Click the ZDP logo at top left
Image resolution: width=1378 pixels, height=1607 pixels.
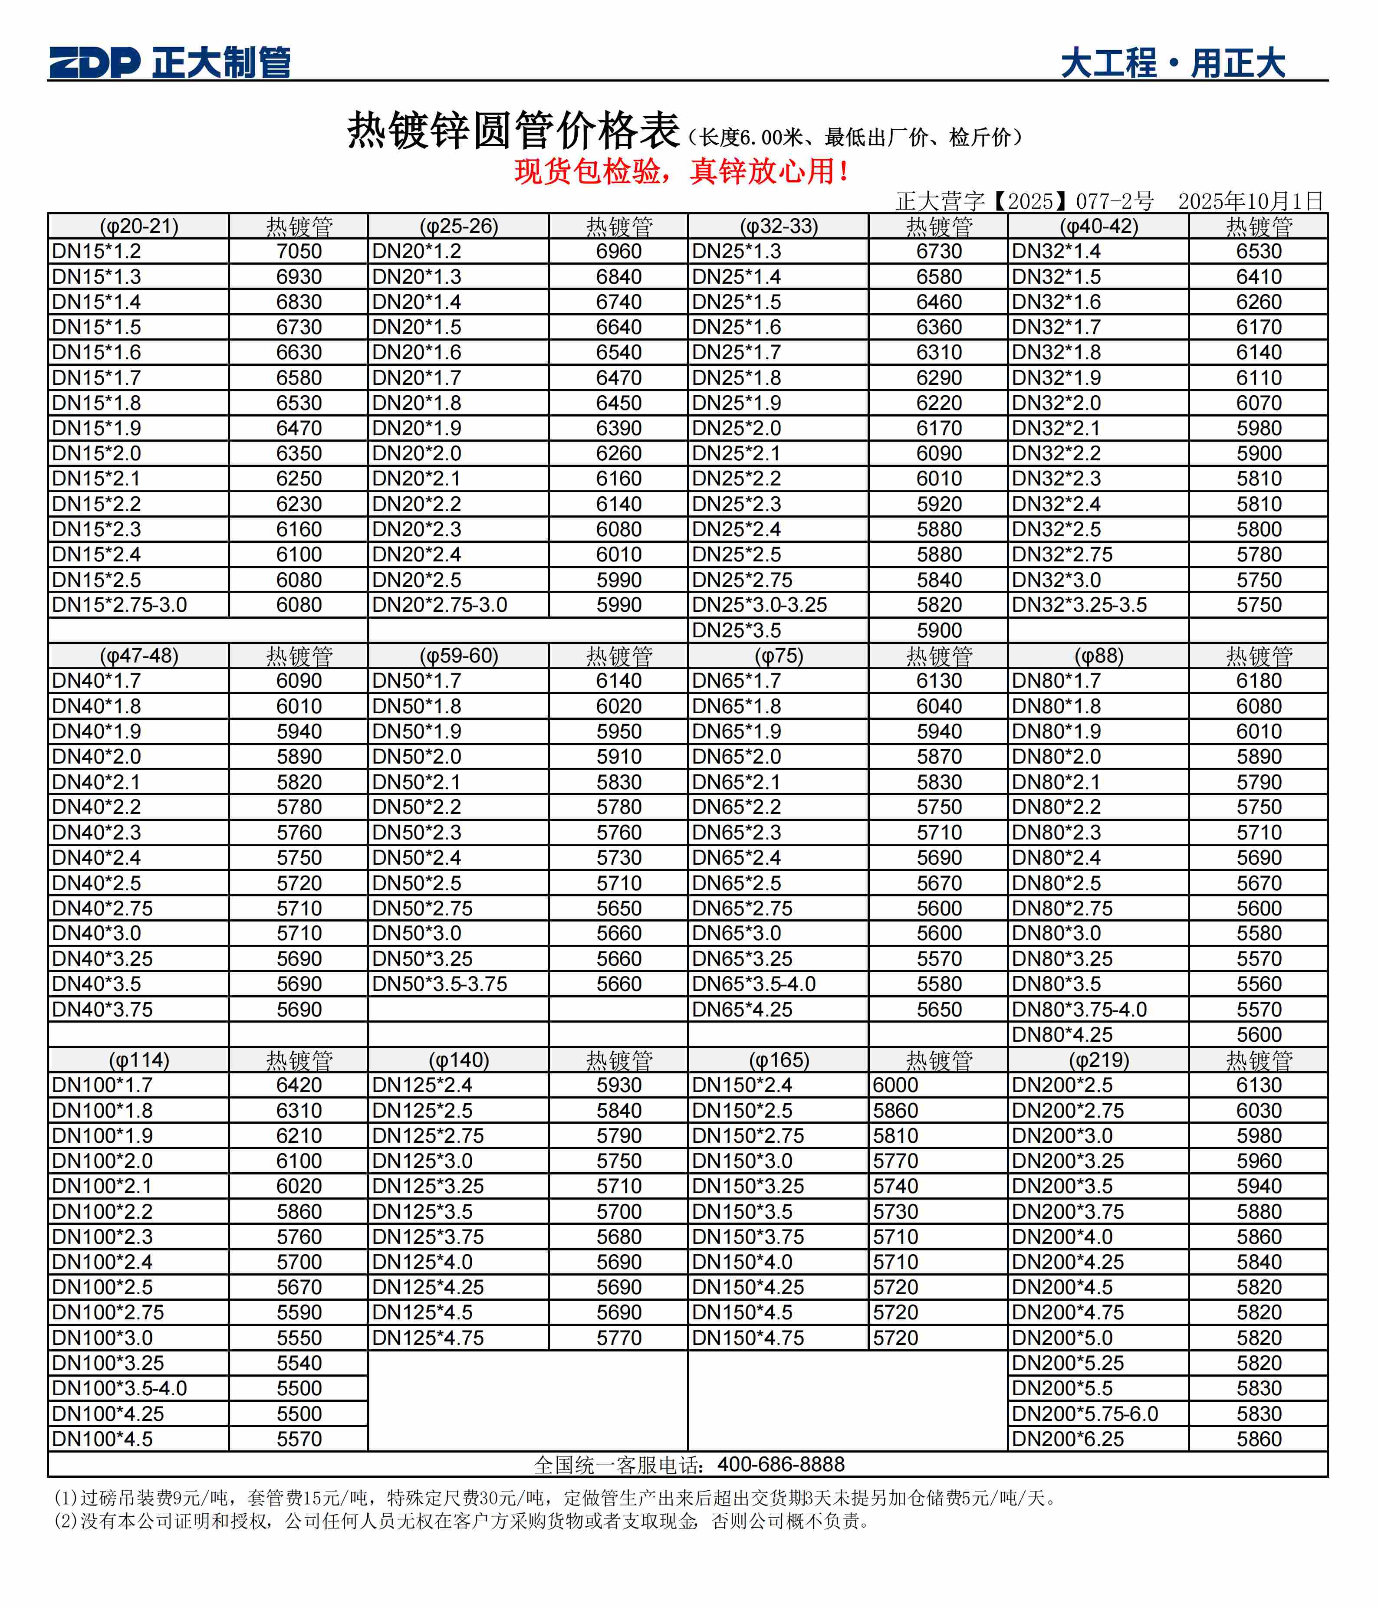[x=95, y=62]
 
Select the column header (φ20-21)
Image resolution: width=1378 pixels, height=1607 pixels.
[x=139, y=226]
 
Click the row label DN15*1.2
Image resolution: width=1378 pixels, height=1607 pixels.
[x=97, y=251]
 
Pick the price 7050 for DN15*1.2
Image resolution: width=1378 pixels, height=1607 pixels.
[x=299, y=251]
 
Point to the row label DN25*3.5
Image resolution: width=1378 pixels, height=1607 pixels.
[x=737, y=630]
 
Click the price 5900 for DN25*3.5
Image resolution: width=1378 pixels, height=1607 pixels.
[x=939, y=630]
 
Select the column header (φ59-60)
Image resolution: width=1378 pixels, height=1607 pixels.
[x=459, y=656]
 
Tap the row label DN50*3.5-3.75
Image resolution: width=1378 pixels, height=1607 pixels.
[x=439, y=984]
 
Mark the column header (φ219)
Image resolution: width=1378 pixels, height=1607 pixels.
[x=1098, y=1060]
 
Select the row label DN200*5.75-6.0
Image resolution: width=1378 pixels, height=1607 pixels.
[x=1085, y=1414]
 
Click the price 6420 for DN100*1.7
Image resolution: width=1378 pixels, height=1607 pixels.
[x=299, y=1085]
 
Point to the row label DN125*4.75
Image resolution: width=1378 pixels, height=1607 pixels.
[x=428, y=1338]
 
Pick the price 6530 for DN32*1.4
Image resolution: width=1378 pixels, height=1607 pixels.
[x=1259, y=251]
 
